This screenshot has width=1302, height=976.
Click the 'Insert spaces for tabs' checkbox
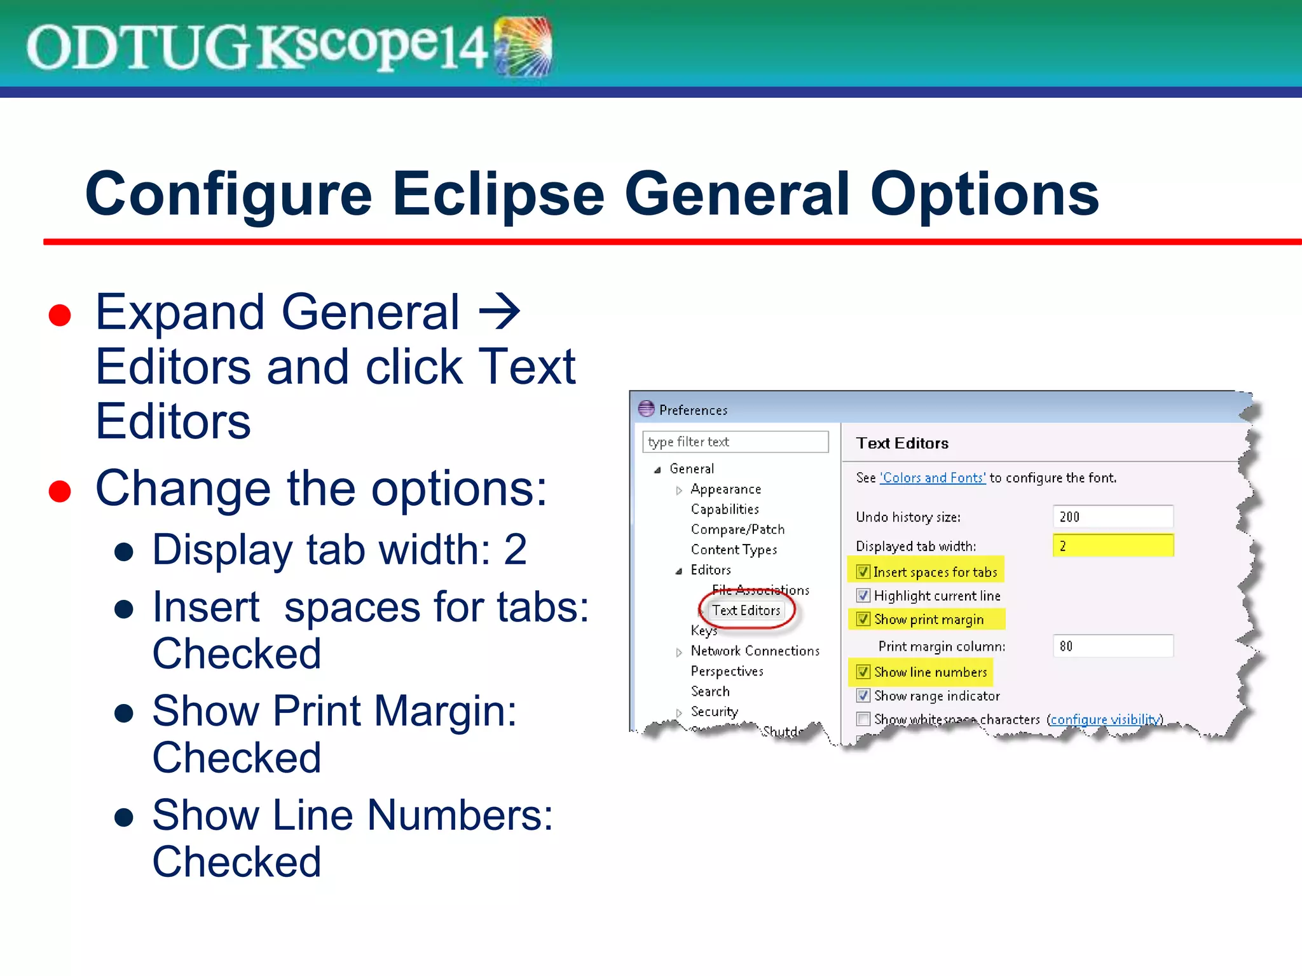(x=863, y=571)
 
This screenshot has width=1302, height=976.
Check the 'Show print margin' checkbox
(x=863, y=619)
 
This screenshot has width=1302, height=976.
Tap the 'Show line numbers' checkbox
(x=863, y=672)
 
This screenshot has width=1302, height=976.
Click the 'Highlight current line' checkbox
(x=863, y=595)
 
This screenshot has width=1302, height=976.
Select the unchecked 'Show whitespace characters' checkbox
(x=863, y=719)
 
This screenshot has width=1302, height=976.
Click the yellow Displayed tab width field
(x=1113, y=546)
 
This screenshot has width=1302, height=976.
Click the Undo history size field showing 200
(x=1113, y=517)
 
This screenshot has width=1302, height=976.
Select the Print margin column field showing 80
(x=1113, y=646)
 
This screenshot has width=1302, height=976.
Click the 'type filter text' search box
(x=735, y=442)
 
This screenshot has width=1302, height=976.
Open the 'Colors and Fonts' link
(x=933, y=478)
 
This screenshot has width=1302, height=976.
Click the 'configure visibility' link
(x=1104, y=719)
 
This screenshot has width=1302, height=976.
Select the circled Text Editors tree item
(x=746, y=611)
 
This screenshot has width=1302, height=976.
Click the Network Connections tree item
(x=755, y=651)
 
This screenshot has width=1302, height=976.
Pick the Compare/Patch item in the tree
(x=737, y=529)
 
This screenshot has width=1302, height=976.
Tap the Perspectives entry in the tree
(x=727, y=671)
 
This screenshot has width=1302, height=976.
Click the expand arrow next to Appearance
(x=679, y=490)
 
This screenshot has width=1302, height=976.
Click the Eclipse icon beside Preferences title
(x=646, y=409)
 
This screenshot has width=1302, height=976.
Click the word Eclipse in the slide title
(x=498, y=194)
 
